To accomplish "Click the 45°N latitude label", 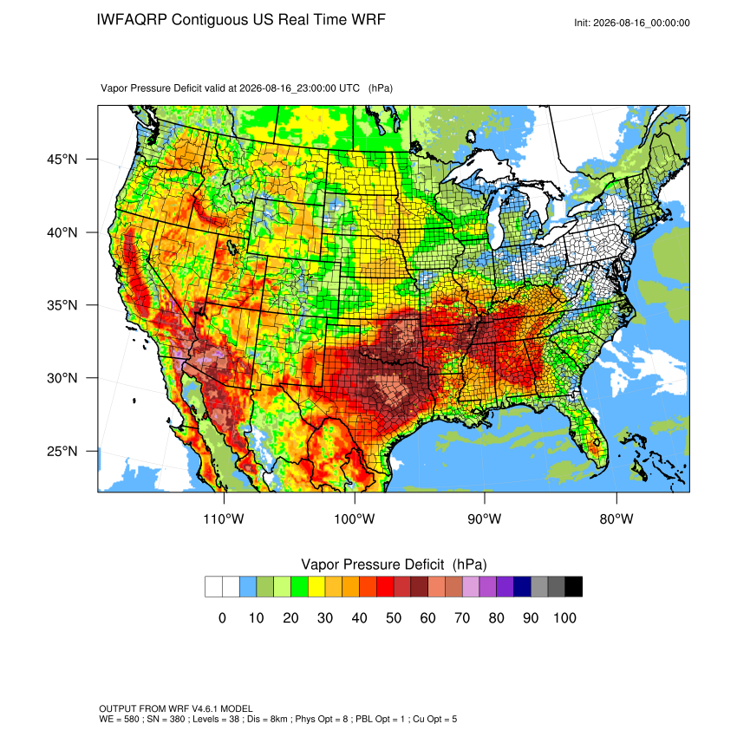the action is tap(62, 160).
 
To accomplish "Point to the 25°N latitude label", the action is tap(62, 451).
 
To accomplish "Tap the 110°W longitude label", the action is tap(224, 519).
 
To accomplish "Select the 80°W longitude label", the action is tap(616, 519).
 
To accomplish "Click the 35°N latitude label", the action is tap(62, 305).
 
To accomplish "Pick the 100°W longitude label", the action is tap(355, 519).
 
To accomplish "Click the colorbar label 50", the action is tap(394, 617).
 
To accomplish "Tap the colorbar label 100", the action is tap(564, 617).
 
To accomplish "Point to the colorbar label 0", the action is tap(222, 617).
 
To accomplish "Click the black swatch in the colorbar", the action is tap(574, 587).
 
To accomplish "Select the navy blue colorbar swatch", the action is tap(522, 587).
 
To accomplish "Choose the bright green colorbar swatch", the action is tap(299, 587).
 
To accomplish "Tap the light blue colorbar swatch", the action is tap(248, 587).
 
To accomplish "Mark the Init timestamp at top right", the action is tap(632, 23).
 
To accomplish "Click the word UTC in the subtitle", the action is tap(349, 88).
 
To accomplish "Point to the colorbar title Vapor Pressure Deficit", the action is tap(372, 564).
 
